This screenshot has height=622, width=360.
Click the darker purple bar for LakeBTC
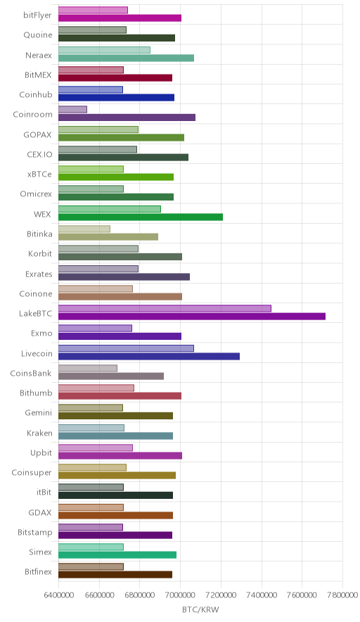pos(192,316)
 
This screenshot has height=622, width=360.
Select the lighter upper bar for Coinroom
pos(72,110)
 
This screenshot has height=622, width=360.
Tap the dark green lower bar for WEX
pos(141,217)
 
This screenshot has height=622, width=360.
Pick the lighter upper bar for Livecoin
pos(126,348)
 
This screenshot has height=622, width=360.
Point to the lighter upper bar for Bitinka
pos(84,229)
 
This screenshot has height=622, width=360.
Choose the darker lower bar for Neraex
pos(126,58)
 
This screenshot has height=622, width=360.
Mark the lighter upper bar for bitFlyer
pos(94,11)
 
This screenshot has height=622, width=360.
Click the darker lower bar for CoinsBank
pos(111,376)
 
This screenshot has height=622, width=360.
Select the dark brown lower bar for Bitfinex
pos(115,574)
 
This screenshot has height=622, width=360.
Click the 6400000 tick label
pos(58,595)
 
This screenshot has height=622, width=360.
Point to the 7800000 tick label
pos(342,595)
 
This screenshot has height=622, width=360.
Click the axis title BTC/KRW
pos(200,610)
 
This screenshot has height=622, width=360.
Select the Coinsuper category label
pos(32,472)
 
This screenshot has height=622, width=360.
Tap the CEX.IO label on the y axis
pos(39,154)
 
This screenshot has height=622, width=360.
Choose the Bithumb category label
pos(36,393)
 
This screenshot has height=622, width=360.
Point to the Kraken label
pos(39,433)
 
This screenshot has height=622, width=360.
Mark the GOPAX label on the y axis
pos(38,134)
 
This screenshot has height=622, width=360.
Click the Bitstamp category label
pos(35,533)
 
